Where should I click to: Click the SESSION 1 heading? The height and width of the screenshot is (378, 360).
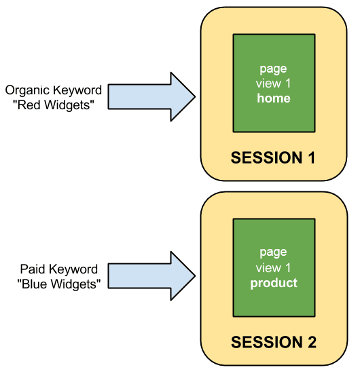[x=273, y=157]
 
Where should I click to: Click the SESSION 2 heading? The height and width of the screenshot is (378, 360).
[x=274, y=342]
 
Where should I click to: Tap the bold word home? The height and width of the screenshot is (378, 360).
[x=274, y=98]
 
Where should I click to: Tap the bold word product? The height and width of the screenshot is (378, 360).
[x=274, y=283]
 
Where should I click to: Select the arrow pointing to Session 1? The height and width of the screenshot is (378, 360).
[x=151, y=96]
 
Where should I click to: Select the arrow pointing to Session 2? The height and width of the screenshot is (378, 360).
[x=151, y=276]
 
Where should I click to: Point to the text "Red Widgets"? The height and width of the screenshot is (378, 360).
[x=54, y=105]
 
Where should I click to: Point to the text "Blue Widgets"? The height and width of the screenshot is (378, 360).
[x=59, y=284]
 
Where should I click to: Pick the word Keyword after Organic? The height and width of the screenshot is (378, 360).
[x=77, y=91]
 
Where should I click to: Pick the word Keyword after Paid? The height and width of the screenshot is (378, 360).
[x=74, y=269]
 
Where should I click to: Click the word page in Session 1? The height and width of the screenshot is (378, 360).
[x=273, y=69]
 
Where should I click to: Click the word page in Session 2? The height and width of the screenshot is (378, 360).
[x=273, y=253]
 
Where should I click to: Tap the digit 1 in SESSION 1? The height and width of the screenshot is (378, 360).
[x=311, y=157]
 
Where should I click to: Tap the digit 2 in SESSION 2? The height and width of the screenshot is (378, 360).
[x=312, y=342]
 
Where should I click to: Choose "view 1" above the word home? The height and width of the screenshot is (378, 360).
[x=273, y=83]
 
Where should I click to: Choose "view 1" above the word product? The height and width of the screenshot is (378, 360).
[x=273, y=268]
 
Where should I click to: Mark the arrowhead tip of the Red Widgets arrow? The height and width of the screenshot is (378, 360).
[x=195, y=96]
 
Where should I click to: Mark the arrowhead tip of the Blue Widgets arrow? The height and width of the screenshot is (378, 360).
[x=195, y=276]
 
